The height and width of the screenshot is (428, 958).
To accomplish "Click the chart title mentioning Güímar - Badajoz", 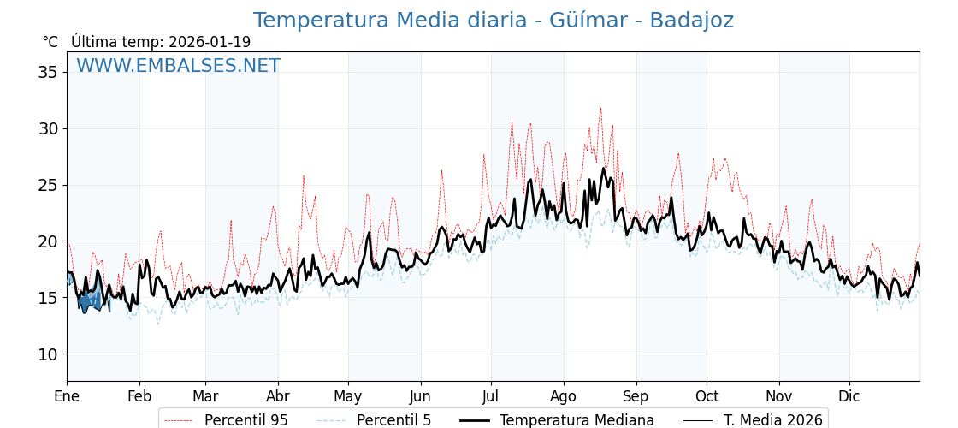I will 493,21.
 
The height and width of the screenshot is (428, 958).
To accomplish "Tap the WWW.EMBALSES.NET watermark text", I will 178,66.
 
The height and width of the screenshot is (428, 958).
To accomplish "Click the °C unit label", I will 50,42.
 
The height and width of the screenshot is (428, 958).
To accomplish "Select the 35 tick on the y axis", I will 48,72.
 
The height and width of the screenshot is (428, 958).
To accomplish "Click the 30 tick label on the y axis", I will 48,128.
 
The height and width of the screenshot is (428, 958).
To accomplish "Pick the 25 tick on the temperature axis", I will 48,185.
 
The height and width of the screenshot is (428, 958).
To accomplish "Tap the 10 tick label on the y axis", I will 48,354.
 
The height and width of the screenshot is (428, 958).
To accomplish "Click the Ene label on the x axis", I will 67,396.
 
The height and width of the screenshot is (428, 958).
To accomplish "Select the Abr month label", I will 277,396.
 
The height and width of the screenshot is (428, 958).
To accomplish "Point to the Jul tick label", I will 491,396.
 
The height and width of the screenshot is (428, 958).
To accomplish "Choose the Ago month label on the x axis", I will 564,396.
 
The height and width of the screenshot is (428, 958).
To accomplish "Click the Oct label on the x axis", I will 707,396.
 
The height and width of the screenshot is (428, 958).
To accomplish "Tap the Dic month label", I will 849,396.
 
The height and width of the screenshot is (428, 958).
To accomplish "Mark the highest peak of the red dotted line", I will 600,108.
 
